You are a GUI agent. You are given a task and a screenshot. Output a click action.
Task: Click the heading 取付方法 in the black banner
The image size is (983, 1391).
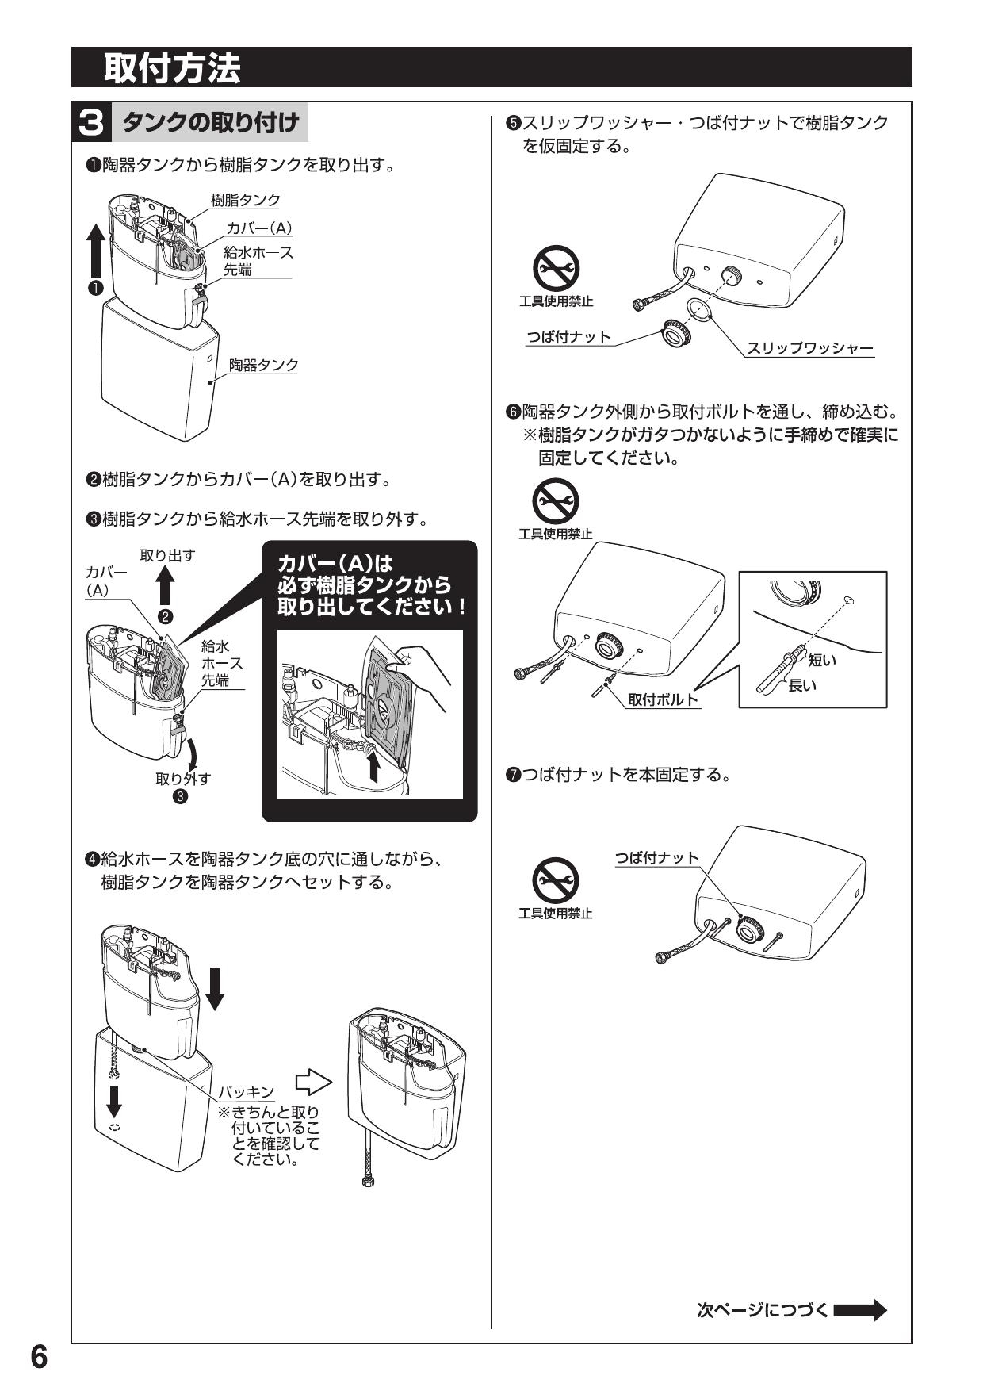click(x=171, y=68)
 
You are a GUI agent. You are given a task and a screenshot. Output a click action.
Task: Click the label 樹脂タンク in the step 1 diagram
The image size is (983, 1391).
click(x=245, y=200)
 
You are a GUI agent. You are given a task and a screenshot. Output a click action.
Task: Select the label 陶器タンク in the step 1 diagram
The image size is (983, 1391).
click(x=263, y=365)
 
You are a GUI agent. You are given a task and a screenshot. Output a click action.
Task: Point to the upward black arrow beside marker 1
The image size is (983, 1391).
click(x=95, y=247)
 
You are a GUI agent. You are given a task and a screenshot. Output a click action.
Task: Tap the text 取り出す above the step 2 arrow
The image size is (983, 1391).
click(x=167, y=555)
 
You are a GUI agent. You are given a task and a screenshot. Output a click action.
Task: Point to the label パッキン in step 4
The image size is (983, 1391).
click(x=247, y=1092)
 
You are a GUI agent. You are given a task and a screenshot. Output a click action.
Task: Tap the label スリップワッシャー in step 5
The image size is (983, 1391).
click(x=809, y=348)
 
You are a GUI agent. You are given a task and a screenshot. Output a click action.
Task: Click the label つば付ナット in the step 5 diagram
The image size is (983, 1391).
click(x=569, y=337)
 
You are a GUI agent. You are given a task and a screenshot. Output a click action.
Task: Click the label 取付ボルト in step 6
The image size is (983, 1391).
click(x=663, y=699)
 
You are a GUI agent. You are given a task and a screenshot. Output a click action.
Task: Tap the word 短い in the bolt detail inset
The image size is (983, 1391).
click(x=822, y=660)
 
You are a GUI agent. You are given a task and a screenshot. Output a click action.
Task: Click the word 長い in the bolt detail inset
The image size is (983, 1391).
click(x=802, y=684)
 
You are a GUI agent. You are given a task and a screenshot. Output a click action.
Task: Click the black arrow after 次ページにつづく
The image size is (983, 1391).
click(x=859, y=1309)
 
